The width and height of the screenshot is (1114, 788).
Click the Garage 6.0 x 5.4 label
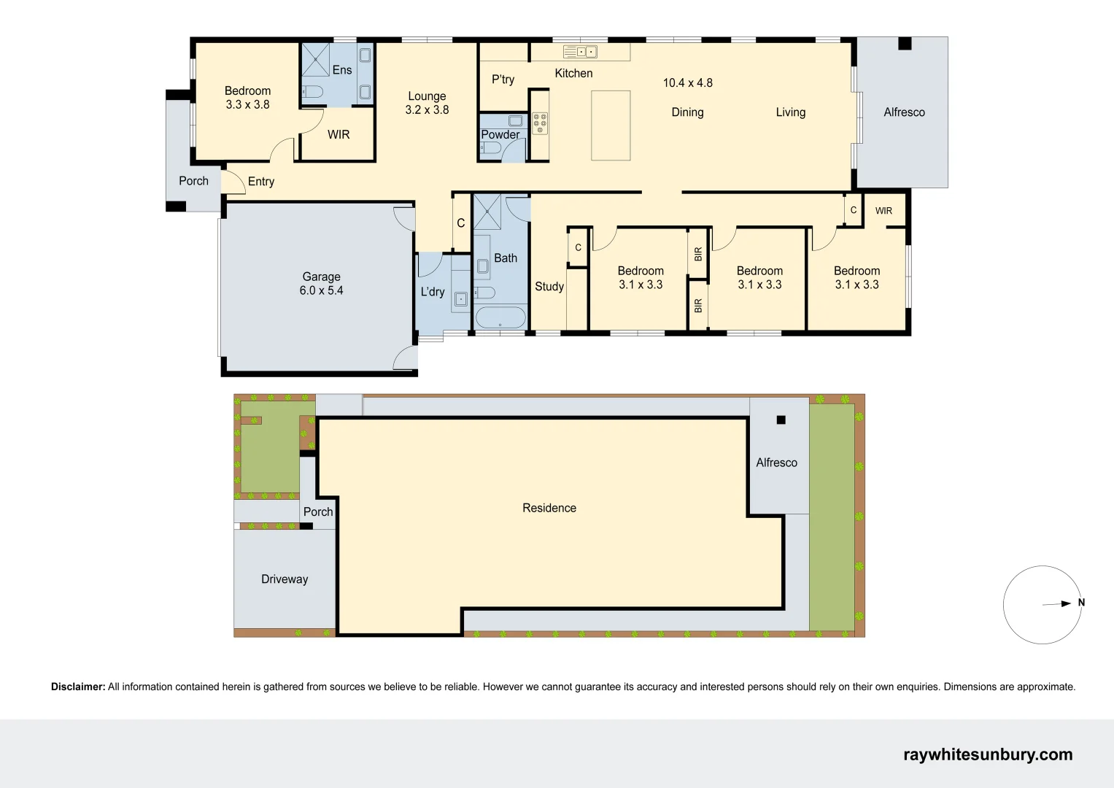321,284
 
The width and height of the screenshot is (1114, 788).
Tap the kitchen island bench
611,125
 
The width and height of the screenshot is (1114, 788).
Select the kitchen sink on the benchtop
581,52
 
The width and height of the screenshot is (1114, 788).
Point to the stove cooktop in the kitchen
540,123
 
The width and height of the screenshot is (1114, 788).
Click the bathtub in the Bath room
500,318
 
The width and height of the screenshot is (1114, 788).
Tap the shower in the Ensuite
315,59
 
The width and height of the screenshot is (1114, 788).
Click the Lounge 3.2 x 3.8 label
427,103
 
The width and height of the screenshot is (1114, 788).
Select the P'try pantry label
503,80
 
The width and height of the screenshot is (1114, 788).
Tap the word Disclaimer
78,687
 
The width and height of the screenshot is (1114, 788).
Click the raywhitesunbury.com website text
988,754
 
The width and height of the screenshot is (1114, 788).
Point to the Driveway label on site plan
285,579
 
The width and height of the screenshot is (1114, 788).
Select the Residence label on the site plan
549,508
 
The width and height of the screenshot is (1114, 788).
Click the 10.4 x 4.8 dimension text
687,83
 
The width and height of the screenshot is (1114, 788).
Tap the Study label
549,287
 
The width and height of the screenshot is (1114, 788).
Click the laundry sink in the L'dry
461,298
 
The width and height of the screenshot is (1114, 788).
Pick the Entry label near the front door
261,182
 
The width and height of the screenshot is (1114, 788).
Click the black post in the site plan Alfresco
781,420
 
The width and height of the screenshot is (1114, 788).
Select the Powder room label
500,134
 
